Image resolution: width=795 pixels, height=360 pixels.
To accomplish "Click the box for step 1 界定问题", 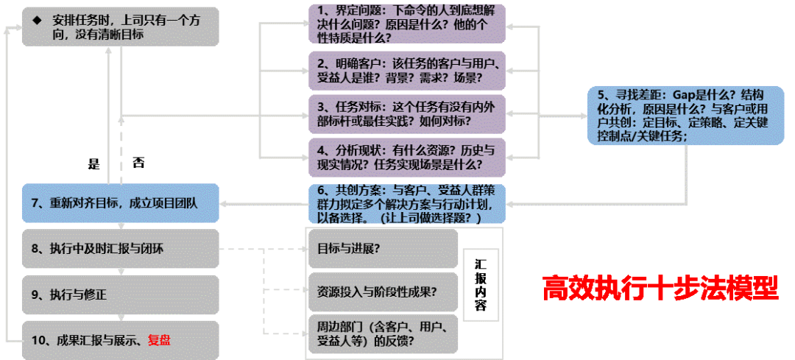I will click(x=407, y=24).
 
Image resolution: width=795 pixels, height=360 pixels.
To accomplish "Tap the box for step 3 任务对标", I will click(x=407, y=112).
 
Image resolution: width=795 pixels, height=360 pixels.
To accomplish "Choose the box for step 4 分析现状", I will click(x=407, y=156).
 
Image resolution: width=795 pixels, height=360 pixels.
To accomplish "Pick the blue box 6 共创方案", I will click(x=407, y=203).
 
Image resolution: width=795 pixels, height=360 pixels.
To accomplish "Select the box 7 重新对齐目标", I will click(x=120, y=203).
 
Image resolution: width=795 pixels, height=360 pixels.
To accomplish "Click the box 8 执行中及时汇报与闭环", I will click(x=120, y=248).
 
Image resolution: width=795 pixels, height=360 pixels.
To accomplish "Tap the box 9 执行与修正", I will click(x=120, y=294).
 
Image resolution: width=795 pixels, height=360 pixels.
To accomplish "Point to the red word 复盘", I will click(x=159, y=339).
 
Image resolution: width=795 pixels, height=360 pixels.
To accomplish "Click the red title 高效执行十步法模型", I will click(x=660, y=288).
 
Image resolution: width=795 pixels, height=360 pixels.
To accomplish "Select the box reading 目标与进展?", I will click(x=383, y=248).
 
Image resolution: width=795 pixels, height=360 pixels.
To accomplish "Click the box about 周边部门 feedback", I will click(x=383, y=334).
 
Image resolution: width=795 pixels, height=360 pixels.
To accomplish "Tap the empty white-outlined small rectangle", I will click(x=481, y=273).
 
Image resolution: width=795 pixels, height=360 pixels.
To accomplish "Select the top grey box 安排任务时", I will click(x=120, y=27).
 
